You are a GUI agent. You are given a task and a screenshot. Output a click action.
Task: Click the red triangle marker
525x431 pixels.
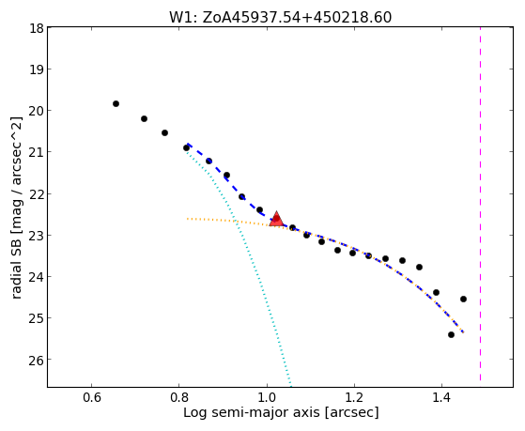click(x=276, y=220)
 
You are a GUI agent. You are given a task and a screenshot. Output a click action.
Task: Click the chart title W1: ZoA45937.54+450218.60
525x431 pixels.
click(x=280, y=18)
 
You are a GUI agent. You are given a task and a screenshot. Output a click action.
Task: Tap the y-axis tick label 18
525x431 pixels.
click(x=37, y=28)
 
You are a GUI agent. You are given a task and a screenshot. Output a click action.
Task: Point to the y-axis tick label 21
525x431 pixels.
click(x=37, y=152)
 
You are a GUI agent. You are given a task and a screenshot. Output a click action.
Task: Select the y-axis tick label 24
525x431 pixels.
click(x=37, y=276)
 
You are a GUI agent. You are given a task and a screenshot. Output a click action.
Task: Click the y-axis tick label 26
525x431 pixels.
click(x=37, y=360)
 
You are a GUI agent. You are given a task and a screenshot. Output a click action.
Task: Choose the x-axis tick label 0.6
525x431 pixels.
click(x=91, y=397)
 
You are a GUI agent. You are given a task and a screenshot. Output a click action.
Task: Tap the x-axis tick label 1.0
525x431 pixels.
click(x=267, y=397)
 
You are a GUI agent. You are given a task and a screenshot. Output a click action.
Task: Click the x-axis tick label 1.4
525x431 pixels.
click(x=442, y=397)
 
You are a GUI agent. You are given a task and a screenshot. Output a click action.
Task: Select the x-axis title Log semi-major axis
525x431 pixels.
click(x=251, y=412)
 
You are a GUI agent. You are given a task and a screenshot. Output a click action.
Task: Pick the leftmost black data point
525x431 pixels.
click(x=116, y=104)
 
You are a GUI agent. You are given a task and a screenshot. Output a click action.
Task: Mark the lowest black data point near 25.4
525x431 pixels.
click(x=451, y=334)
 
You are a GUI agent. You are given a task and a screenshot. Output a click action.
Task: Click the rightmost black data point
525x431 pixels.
click(x=463, y=299)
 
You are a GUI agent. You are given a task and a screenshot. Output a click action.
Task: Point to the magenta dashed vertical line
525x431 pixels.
click(x=481, y=205)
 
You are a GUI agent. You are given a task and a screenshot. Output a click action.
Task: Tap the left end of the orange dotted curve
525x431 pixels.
click(x=187, y=219)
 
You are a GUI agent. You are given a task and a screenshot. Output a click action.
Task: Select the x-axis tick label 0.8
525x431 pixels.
click(x=178, y=397)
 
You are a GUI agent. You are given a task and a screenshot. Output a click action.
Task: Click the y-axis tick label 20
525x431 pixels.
click(x=37, y=111)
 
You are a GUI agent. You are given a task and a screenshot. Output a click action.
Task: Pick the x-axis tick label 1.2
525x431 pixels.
click(x=354, y=397)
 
